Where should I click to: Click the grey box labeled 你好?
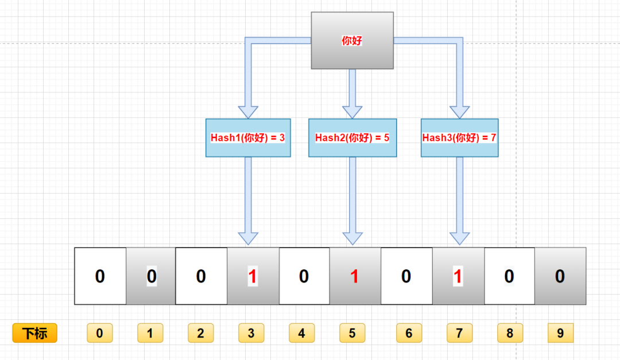(x=352, y=41)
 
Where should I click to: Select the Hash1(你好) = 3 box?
(x=248, y=138)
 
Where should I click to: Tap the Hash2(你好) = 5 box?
(x=352, y=138)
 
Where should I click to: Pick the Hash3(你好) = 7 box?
(x=459, y=138)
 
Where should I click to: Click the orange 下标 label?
(x=35, y=333)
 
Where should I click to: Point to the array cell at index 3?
(x=253, y=276)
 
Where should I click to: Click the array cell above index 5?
(x=355, y=276)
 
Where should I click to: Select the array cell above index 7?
(x=458, y=276)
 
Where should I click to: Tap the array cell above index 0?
(x=100, y=276)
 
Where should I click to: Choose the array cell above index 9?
(x=560, y=276)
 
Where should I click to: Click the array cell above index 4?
(x=304, y=276)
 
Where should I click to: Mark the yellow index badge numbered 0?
(x=100, y=333)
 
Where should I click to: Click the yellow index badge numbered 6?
(x=409, y=333)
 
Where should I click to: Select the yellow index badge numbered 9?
(x=560, y=333)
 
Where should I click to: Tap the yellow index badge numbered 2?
(x=201, y=333)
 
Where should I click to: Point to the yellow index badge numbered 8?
(x=510, y=333)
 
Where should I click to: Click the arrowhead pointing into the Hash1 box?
(x=248, y=111)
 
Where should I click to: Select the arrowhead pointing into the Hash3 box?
(x=459, y=111)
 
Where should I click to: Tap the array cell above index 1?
(x=150, y=276)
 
